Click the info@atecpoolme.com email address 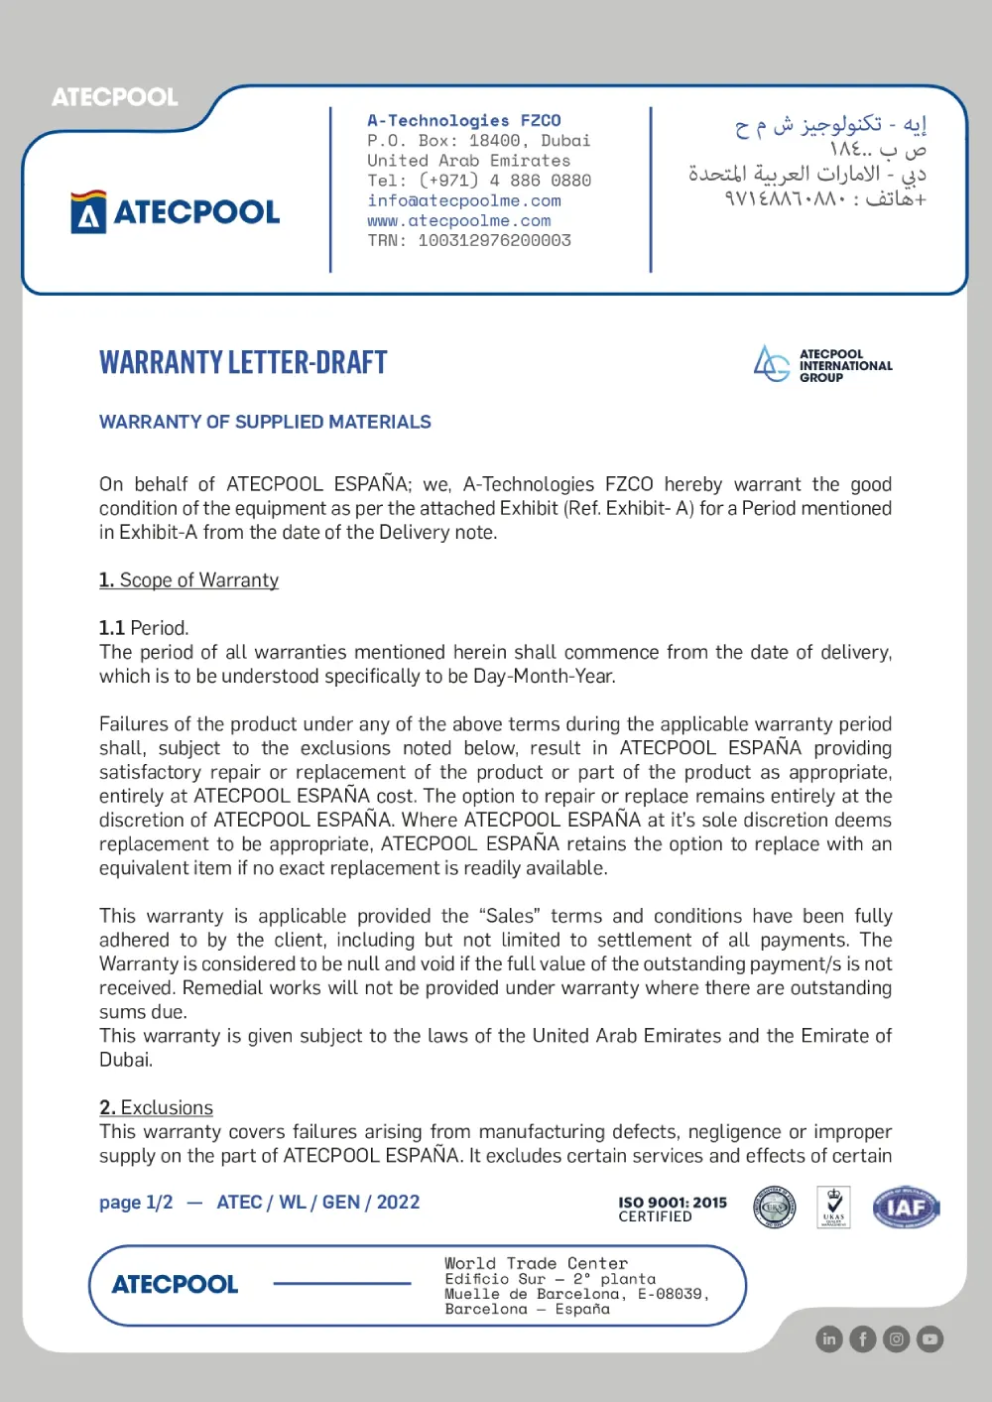pyautogui.click(x=464, y=200)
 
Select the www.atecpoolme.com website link pyautogui.click(x=459, y=220)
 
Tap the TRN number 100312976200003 pyautogui.click(x=494, y=240)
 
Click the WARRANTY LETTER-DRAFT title pyautogui.click(x=243, y=362)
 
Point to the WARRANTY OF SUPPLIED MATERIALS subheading pyautogui.click(x=265, y=422)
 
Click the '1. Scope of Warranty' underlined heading pyautogui.click(x=188, y=580)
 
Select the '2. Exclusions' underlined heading pyautogui.click(x=156, y=1108)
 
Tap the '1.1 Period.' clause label pyautogui.click(x=144, y=628)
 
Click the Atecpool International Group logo pyautogui.click(x=822, y=365)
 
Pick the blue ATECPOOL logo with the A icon pyautogui.click(x=176, y=211)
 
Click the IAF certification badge pyautogui.click(x=906, y=1208)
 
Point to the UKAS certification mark pyautogui.click(x=833, y=1208)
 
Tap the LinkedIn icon pyautogui.click(x=829, y=1339)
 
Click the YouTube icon pyautogui.click(x=930, y=1339)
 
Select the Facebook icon pyautogui.click(x=863, y=1339)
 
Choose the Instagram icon pyautogui.click(x=897, y=1339)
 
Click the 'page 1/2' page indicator pyautogui.click(x=136, y=1203)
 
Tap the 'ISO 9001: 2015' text pyautogui.click(x=673, y=1203)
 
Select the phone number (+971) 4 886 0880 pyautogui.click(x=505, y=181)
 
